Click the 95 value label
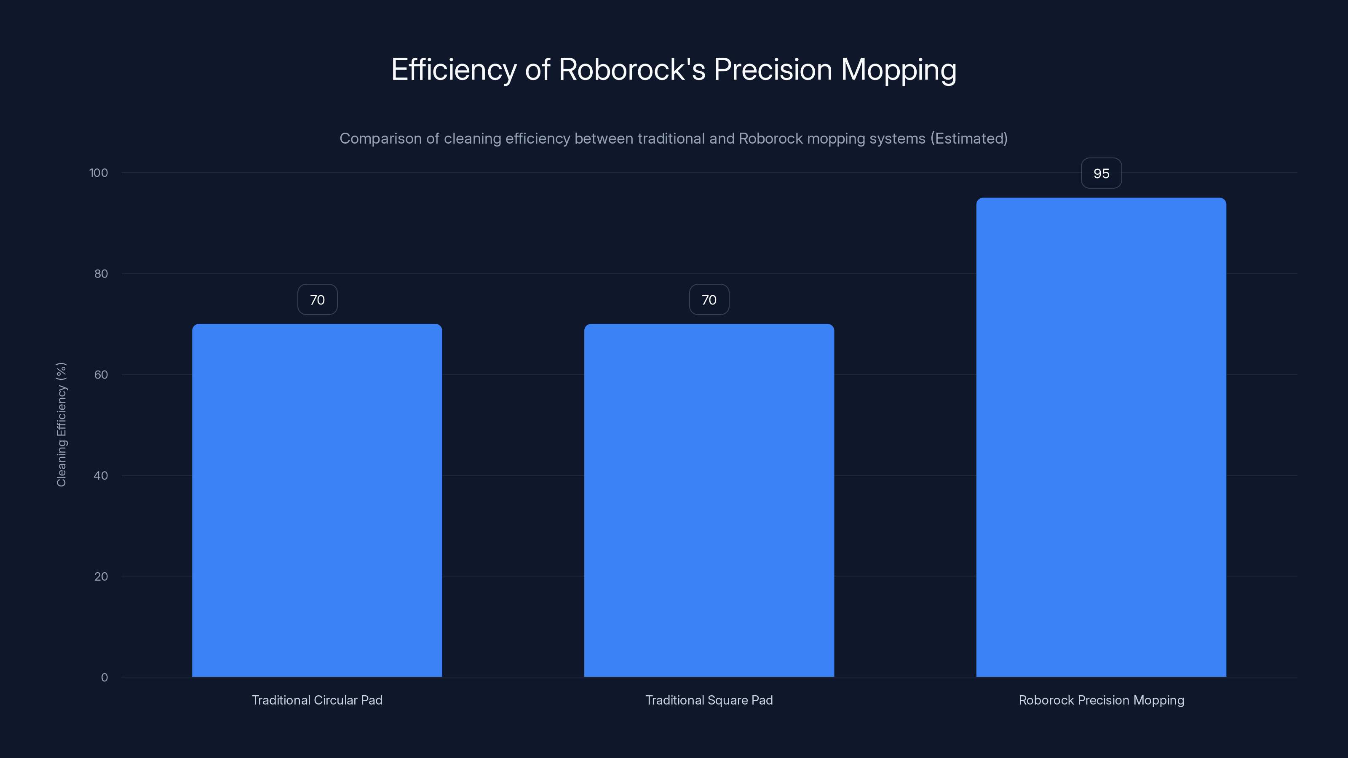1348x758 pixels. pyautogui.click(x=1101, y=173)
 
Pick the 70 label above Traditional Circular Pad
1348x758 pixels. pyautogui.click(x=317, y=300)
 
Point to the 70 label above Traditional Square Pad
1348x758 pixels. pyautogui.click(x=709, y=300)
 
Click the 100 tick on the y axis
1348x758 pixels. pyautogui.click(x=99, y=173)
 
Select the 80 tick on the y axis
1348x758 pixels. pyautogui.click(x=101, y=274)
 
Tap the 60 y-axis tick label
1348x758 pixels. pyautogui.click(x=101, y=374)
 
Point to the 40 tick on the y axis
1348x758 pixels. pyautogui.click(x=101, y=475)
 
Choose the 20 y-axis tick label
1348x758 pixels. pyautogui.click(x=101, y=577)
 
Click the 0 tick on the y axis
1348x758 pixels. pyautogui.click(x=104, y=678)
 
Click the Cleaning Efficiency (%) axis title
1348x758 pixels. pyautogui.click(x=61, y=424)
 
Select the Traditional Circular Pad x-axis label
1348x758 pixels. pyautogui.click(x=317, y=700)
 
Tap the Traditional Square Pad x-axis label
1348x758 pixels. pyautogui.click(x=709, y=700)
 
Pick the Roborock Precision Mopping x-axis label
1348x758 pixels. pyautogui.click(x=1101, y=700)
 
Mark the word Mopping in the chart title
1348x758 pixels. pyautogui.click(x=899, y=70)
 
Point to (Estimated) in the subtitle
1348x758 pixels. pyautogui.click(x=968, y=138)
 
